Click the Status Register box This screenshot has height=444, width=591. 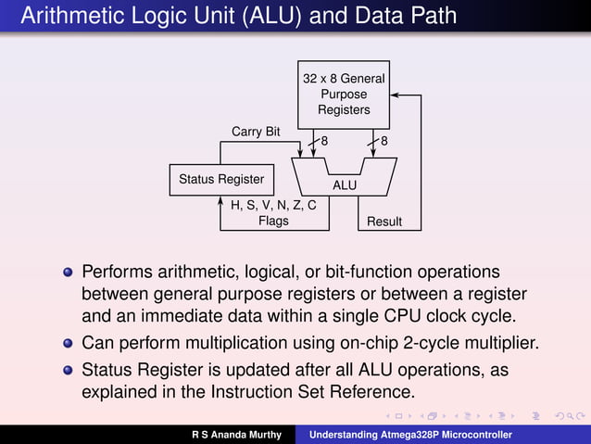coord(220,179)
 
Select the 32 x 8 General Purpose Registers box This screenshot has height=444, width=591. coord(344,95)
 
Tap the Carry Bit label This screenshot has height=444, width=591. coord(256,132)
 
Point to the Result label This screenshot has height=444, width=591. coord(384,222)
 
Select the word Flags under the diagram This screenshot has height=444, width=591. coord(273,222)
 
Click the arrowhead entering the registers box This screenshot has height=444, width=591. coord(396,95)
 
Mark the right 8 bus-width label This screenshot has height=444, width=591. coord(384,141)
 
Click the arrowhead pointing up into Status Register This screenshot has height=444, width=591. coord(221,201)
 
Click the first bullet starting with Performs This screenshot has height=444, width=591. coord(68,274)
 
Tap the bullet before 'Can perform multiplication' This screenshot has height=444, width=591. coord(68,343)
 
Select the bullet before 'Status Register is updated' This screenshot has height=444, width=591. coord(68,371)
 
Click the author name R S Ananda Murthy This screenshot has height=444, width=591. coord(237,434)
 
